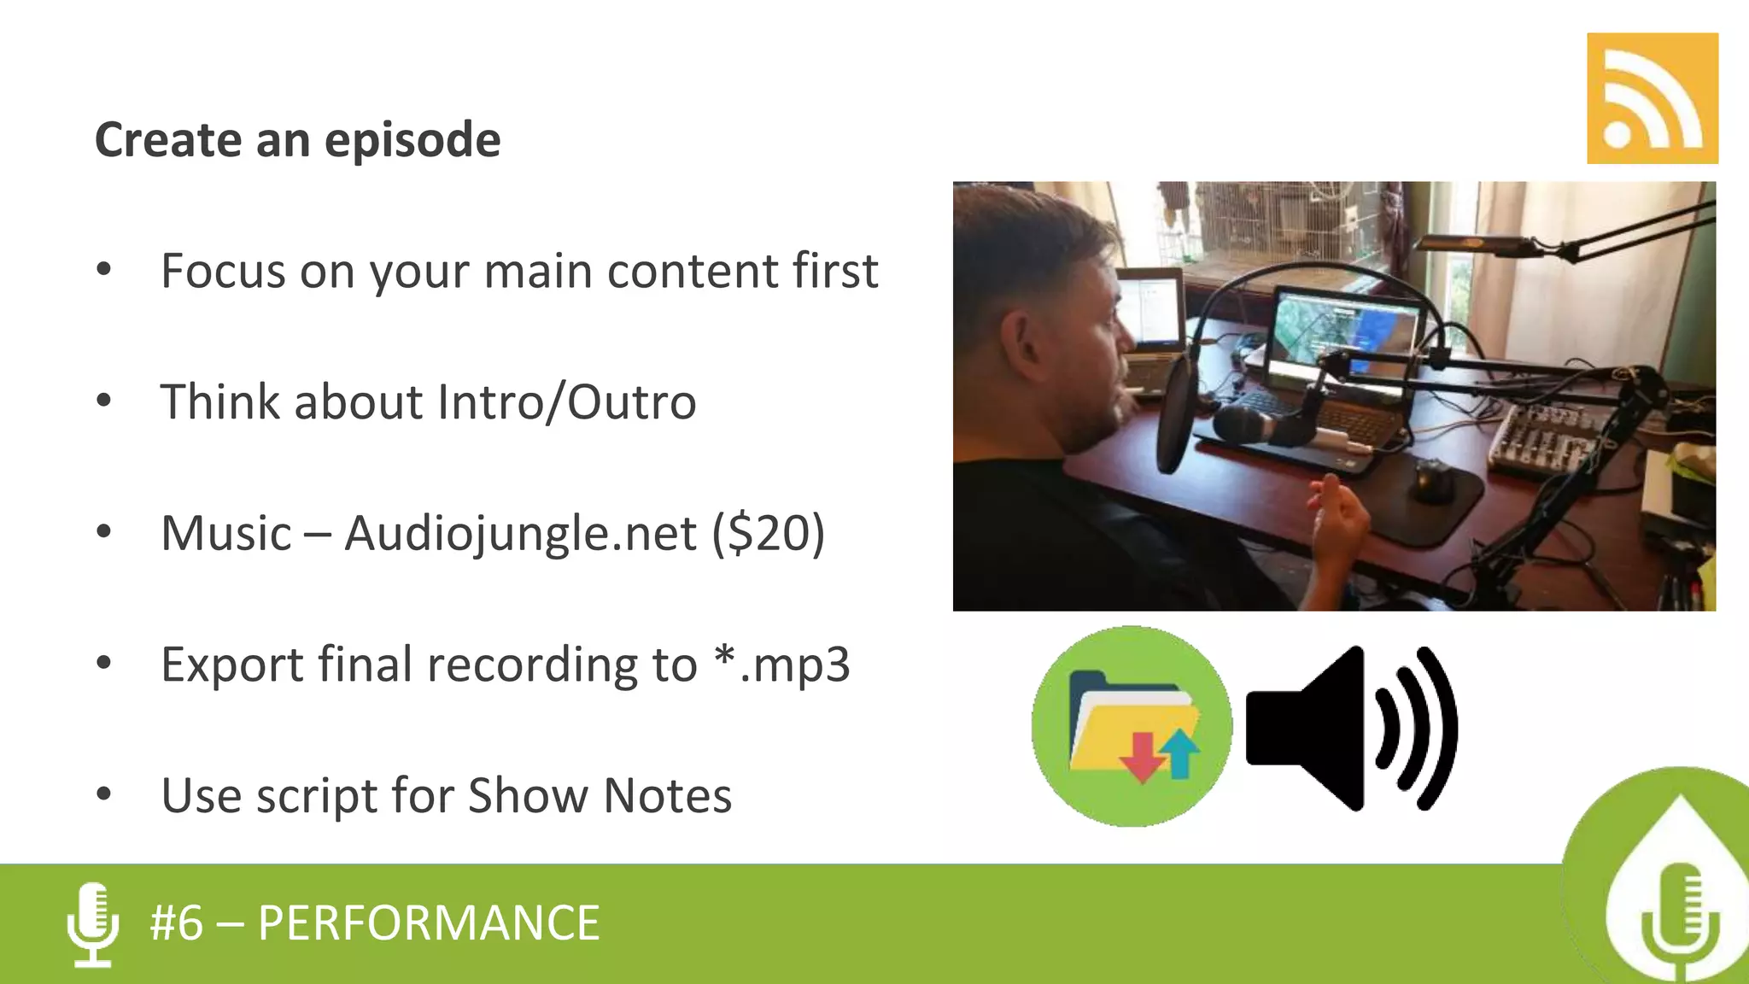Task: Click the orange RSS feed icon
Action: pyautogui.click(x=1652, y=98)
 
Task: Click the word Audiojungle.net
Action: pyautogui.click(x=520, y=534)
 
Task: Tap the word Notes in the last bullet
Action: pyautogui.click(x=667, y=796)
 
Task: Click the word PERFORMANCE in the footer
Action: pyautogui.click(x=429, y=923)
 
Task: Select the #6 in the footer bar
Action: pyautogui.click(x=177, y=923)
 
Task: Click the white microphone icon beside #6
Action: pyautogui.click(x=92, y=924)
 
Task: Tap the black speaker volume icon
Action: pyautogui.click(x=1349, y=728)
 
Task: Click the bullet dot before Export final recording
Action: pyautogui.click(x=104, y=663)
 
